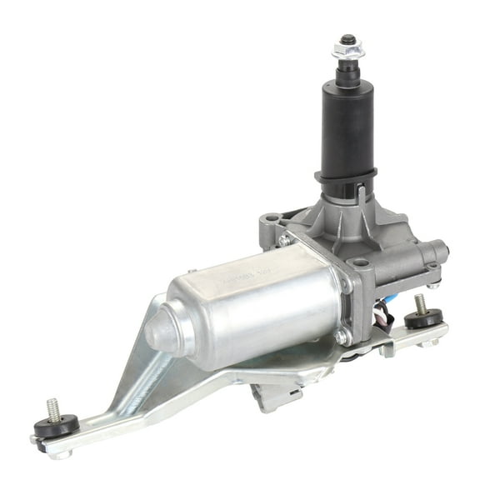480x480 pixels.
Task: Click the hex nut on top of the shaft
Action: (x=347, y=52)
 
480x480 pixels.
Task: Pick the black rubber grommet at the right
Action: (x=425, y=317)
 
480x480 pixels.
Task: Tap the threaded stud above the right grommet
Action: (x=419, y=301)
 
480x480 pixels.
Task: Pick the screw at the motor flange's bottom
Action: (x=341, y=336)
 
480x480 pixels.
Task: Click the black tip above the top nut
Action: (x=347, y=38)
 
